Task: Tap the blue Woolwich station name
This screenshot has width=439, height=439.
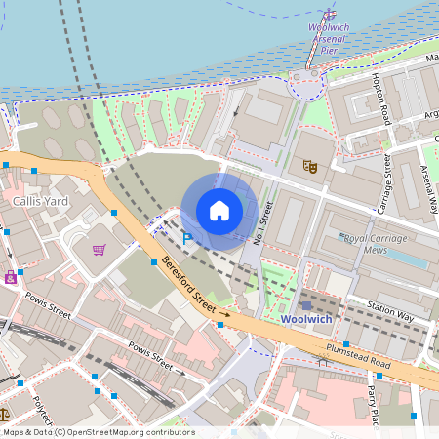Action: tap(305, 319)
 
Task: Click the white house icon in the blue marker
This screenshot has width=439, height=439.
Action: tap(219, 210)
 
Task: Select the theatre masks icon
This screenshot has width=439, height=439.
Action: tap(311, 166)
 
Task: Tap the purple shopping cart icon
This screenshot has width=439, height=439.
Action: tap(100, 250)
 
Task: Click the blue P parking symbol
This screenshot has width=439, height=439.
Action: tap(188, 237)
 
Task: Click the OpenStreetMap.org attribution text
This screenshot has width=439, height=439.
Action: tap(122, 432)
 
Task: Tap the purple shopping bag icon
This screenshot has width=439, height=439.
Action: tap(11, 276)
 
